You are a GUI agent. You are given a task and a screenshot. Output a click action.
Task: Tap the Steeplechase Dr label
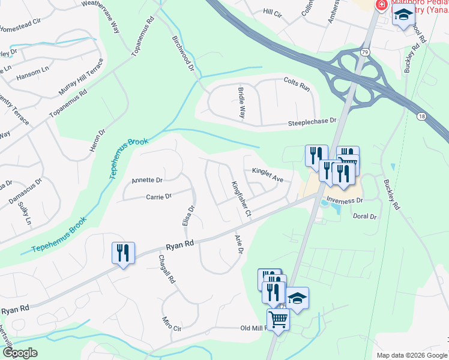[312, 121]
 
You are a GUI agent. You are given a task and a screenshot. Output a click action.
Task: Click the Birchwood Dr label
[184, 53]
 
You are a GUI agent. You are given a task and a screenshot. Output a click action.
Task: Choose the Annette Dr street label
[146, 180]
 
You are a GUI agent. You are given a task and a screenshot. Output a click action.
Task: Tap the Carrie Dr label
[158, 196]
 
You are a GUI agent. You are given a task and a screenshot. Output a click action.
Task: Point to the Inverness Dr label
[345, 200]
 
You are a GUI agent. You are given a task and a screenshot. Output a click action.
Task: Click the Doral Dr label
[364, 216]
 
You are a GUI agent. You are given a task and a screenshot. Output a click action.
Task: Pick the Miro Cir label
[170, 325]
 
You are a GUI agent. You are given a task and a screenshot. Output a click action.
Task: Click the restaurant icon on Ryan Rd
[123, 253]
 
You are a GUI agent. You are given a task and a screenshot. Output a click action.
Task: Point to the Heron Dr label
[97, 140]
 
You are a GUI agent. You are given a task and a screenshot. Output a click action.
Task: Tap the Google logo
[20, 353]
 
